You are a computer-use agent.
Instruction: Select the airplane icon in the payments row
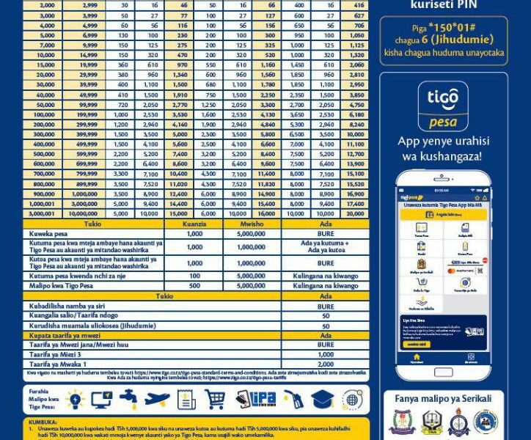[157, 399]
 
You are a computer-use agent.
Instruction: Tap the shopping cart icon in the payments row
[215, 399]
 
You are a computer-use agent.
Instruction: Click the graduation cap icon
[322, 399]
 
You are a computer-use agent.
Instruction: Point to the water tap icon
[128, 399]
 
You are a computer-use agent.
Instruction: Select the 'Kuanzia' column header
[194, 224]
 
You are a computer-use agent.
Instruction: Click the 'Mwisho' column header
[252, 224]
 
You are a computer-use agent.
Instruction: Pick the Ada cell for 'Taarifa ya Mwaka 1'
[325, 364]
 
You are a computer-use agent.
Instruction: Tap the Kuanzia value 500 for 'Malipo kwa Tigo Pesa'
[194, 286]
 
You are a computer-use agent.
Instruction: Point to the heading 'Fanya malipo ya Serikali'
[444, 398]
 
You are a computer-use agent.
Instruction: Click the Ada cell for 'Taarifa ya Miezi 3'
[325, 354]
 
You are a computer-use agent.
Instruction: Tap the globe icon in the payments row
[351, 399]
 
